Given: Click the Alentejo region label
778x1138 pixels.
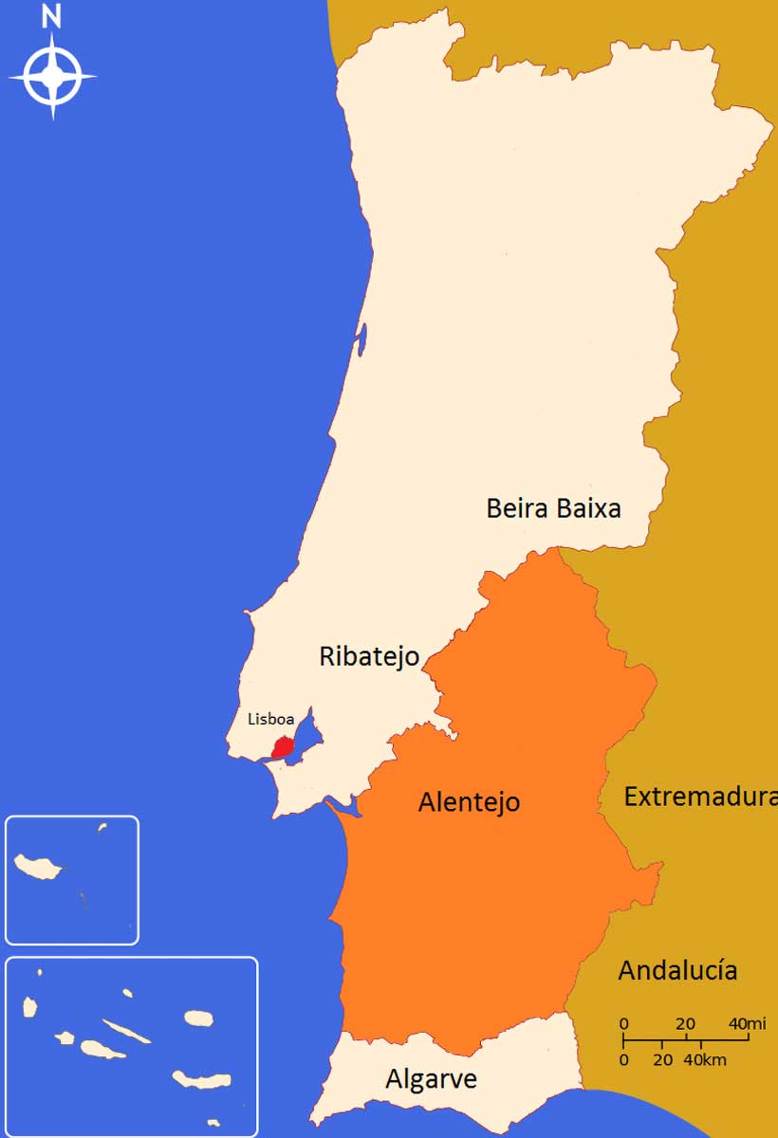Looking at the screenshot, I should (x=469, y=802).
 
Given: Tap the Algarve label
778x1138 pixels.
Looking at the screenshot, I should (x=431, y=1079).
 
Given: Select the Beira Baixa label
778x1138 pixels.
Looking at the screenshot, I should (x=553, y=508).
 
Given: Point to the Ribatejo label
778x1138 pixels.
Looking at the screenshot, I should (x=369, y=656).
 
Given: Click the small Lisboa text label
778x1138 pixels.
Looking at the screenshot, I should (x=270, y=719).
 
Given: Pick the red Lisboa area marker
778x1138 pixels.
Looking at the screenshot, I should (x=282, y=747).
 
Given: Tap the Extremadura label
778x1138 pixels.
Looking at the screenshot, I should (x=699, y=798).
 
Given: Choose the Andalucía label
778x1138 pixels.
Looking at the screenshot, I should (x=677, y=971).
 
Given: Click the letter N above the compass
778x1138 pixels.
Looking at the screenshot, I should (x=52, y=16).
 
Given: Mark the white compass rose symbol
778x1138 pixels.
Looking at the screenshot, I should (x=52, y=76).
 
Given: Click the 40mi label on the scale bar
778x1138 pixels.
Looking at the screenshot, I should (x=747, y=1024).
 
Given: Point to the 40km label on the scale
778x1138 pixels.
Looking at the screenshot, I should (x=707, y=1059).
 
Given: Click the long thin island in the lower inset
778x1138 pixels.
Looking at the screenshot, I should (x=126, y=1032).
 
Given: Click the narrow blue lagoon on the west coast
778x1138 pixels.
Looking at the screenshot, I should (x=361, y=340).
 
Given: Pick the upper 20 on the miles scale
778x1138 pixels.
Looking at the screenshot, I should (x=684, y=1024).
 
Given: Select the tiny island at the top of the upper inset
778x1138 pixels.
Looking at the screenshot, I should (x=102, y=827).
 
